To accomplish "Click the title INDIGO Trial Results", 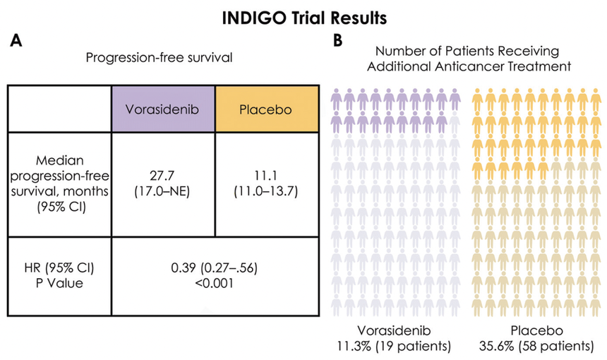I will pos(303,16).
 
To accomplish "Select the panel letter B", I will pos(338,42).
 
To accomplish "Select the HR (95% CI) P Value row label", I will pos(59,275).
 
